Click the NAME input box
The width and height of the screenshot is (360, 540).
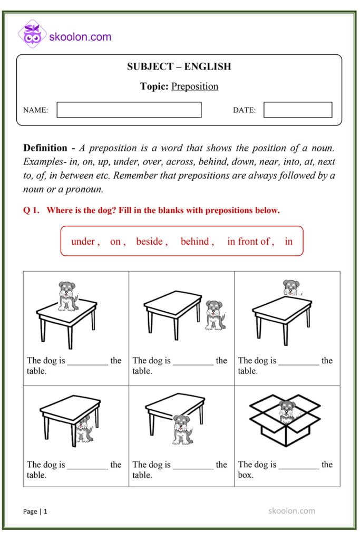pyautogui.click(x=129, y=110)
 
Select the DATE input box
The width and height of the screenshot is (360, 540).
pyautogui.click(x=298, y=110)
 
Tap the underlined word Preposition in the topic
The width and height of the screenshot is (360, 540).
pyautogui.click(x=194, y=86)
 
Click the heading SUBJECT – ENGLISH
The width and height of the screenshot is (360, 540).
pyautogui.click(x=179, y=66)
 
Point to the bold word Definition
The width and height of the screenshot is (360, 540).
pyautogui.click(x=45, y=148)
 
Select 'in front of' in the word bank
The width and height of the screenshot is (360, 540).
pyautogui.click(x=249, y=242)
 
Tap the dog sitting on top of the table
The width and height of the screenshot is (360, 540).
pyautogui.click(x=67, y=295)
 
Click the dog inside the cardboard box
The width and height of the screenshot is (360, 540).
pyautogui.click(x=287, y=411)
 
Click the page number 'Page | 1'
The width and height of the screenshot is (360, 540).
pyautogui.click(x=35, y=511)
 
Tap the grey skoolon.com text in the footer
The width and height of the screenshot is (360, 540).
pyautogui.click(x=291, y=510)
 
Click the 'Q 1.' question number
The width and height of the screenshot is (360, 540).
pyautogui.click(x=31, y=210)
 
